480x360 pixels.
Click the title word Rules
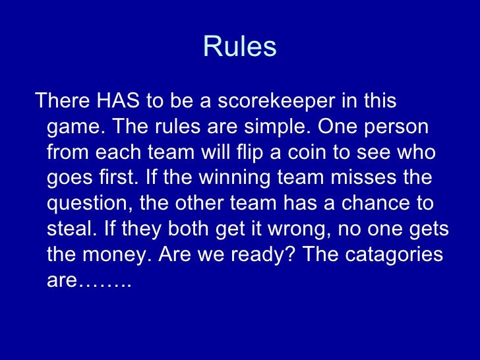pos(239,47)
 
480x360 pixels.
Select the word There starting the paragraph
pos(62,102)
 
